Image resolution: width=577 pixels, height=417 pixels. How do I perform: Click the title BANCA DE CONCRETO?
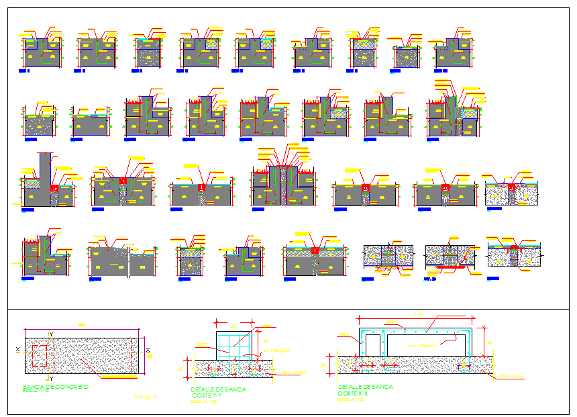tap(56, 387)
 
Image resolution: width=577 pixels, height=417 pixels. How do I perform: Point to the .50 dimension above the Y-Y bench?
tap(233, 321)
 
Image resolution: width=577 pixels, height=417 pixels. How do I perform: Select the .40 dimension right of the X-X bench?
tap(490, 342)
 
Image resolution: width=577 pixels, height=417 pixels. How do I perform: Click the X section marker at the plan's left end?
tap(17, 349)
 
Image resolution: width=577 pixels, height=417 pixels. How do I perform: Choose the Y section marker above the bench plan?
tap(50, 334)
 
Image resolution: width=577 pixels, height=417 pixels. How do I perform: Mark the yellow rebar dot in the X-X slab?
tap(460, 366)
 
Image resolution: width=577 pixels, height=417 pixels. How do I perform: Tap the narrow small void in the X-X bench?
tap(372, 344)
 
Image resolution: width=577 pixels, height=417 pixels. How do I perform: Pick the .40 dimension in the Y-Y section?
tap(265, 340)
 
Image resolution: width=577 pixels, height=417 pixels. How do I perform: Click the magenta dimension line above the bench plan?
tap(82, 329)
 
